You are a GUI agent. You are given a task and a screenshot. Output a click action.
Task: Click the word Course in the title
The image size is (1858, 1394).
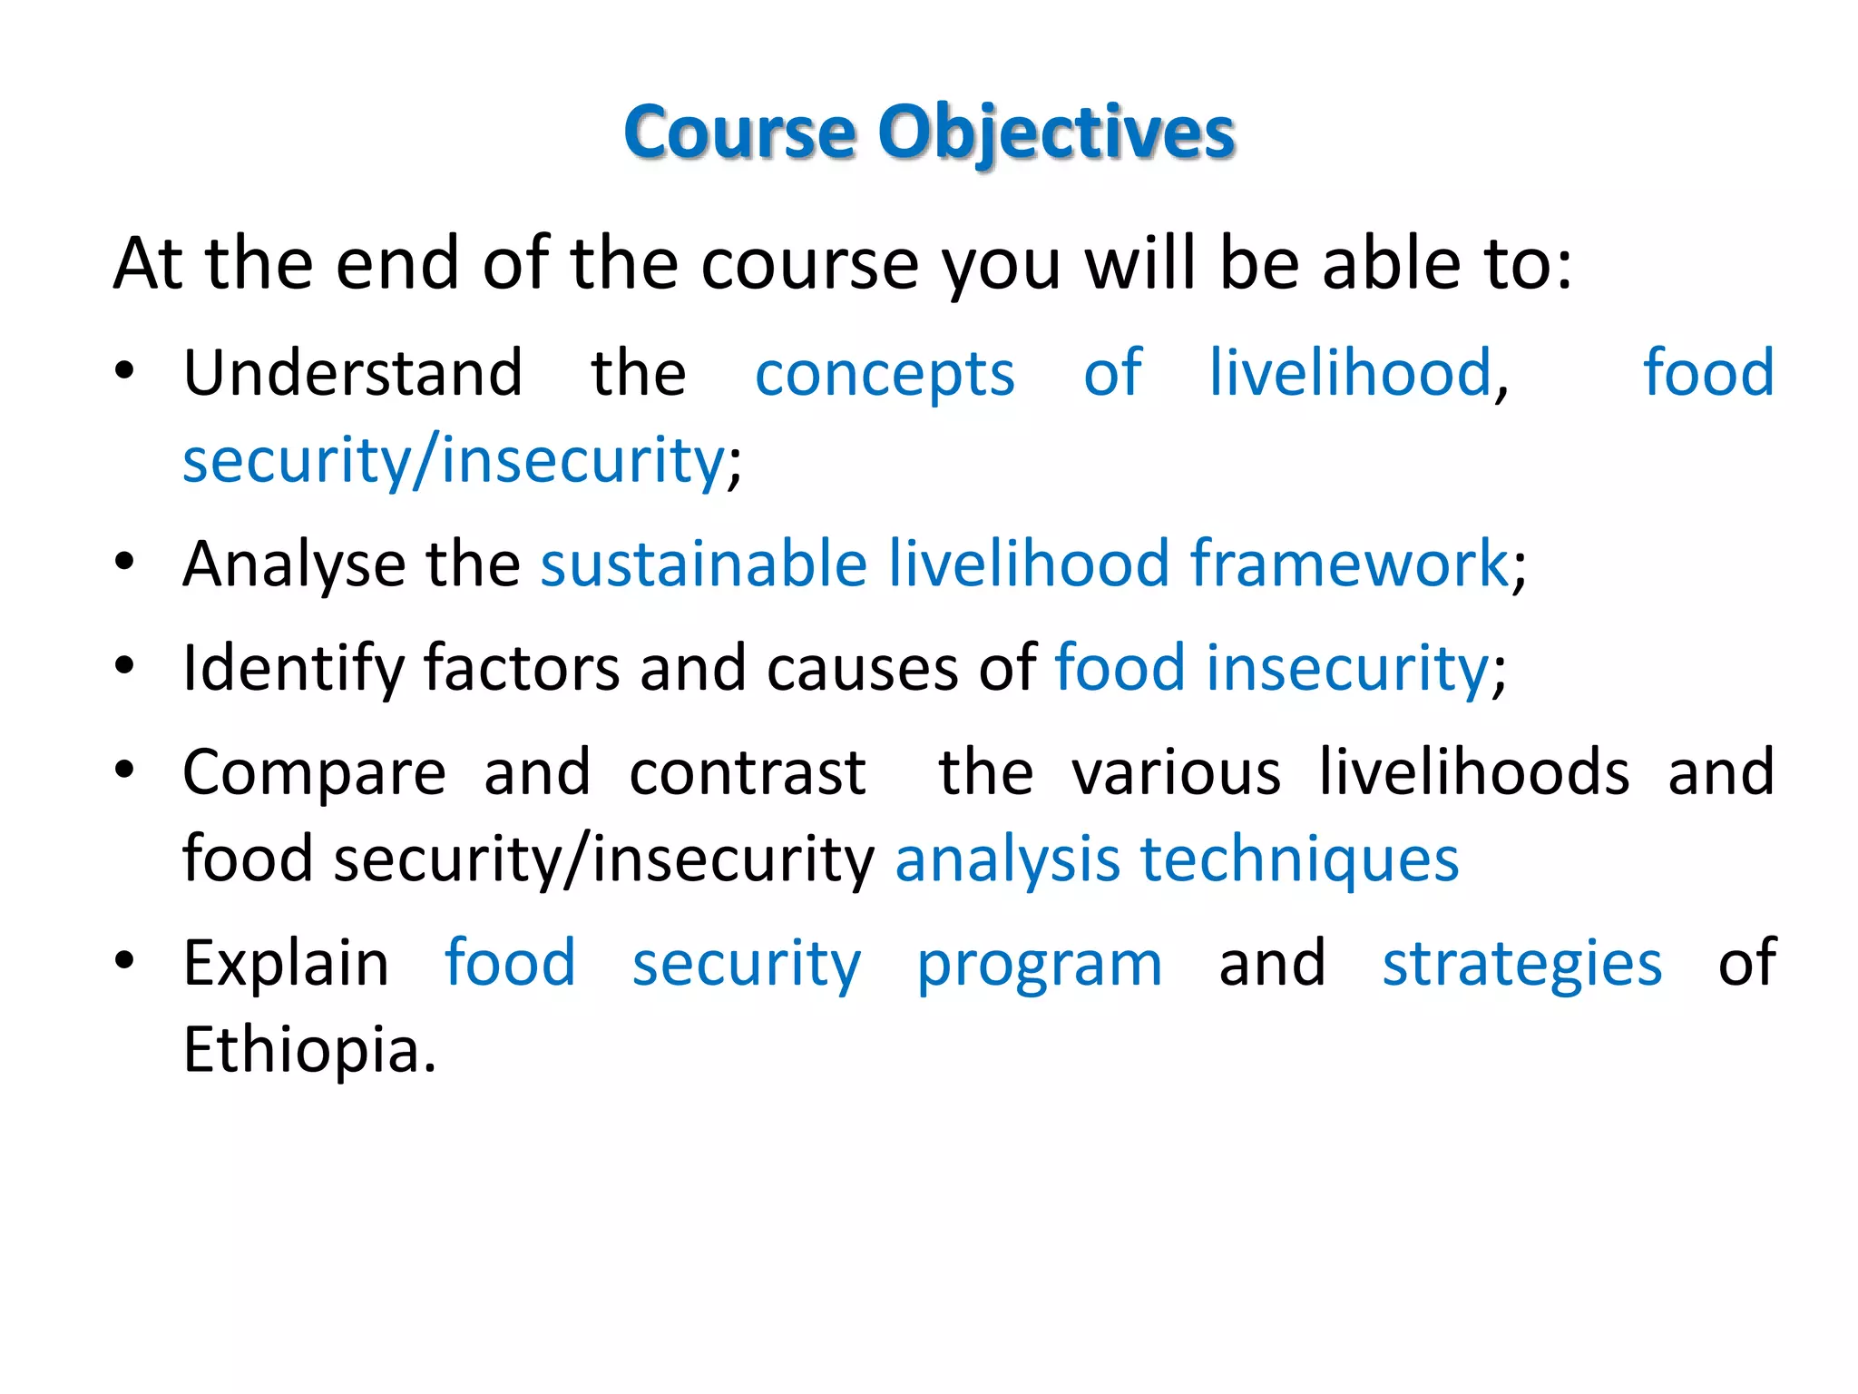739,133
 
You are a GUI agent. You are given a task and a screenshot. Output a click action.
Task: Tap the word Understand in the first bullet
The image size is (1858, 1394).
353,373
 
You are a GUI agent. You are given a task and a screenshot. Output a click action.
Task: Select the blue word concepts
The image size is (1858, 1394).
885,375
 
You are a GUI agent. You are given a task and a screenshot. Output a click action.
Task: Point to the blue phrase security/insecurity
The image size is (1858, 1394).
454,460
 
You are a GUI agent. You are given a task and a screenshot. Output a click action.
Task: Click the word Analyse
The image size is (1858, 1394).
293,564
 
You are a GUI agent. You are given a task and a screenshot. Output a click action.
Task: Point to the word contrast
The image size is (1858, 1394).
748,772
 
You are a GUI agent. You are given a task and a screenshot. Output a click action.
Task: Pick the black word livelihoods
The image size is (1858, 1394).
1473,772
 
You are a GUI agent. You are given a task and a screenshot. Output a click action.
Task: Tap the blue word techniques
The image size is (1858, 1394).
1299,860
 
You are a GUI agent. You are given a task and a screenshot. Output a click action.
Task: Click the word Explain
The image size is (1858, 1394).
286,964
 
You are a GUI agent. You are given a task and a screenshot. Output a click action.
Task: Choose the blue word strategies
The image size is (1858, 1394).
1521,964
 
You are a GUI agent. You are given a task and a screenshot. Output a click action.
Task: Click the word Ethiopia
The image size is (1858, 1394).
308,1050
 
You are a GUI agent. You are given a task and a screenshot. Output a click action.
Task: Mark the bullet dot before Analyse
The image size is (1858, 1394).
124,562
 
